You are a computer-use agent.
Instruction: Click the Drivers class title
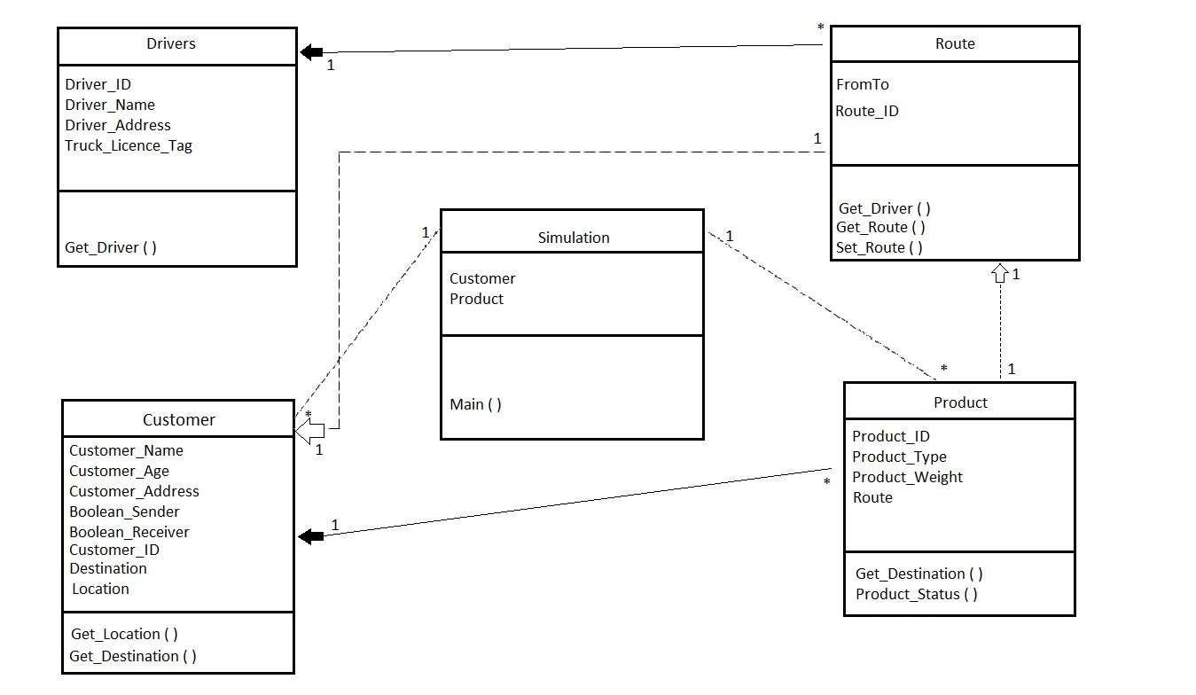[x=170, y=43]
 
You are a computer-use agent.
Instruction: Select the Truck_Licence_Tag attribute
[x=129, y=145]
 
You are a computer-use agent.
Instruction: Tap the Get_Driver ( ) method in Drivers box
[x=111, y=247]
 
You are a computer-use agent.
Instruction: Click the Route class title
[x=955, y=43]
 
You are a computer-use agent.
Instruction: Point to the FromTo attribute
[x=862, y=84]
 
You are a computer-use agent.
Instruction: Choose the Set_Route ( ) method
[x=879, y=247]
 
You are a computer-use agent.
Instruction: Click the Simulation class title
[x=574, y=238]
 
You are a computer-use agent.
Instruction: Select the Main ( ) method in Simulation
[x=475, y=404]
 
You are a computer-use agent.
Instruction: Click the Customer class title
[x=179, y=419]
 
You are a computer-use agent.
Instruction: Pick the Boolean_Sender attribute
[x=124, y=511]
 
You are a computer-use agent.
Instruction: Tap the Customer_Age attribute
[x=119, y=471]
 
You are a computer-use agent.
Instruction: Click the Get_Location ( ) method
[x=124, y=634]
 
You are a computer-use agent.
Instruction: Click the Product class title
[x=960, y=402]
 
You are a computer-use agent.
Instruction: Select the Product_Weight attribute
[x=907, y=477]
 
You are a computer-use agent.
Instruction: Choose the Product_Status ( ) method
[x=916, y=594]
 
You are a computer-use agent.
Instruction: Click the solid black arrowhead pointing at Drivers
[x=311, y=52]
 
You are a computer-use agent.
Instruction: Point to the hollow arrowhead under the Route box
[x=1000, y=272]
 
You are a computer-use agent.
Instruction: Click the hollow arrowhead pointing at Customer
[x=309, y=431]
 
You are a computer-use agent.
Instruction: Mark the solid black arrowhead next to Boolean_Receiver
[x=310, y=536]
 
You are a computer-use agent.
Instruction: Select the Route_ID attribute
[x=866, y=111]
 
